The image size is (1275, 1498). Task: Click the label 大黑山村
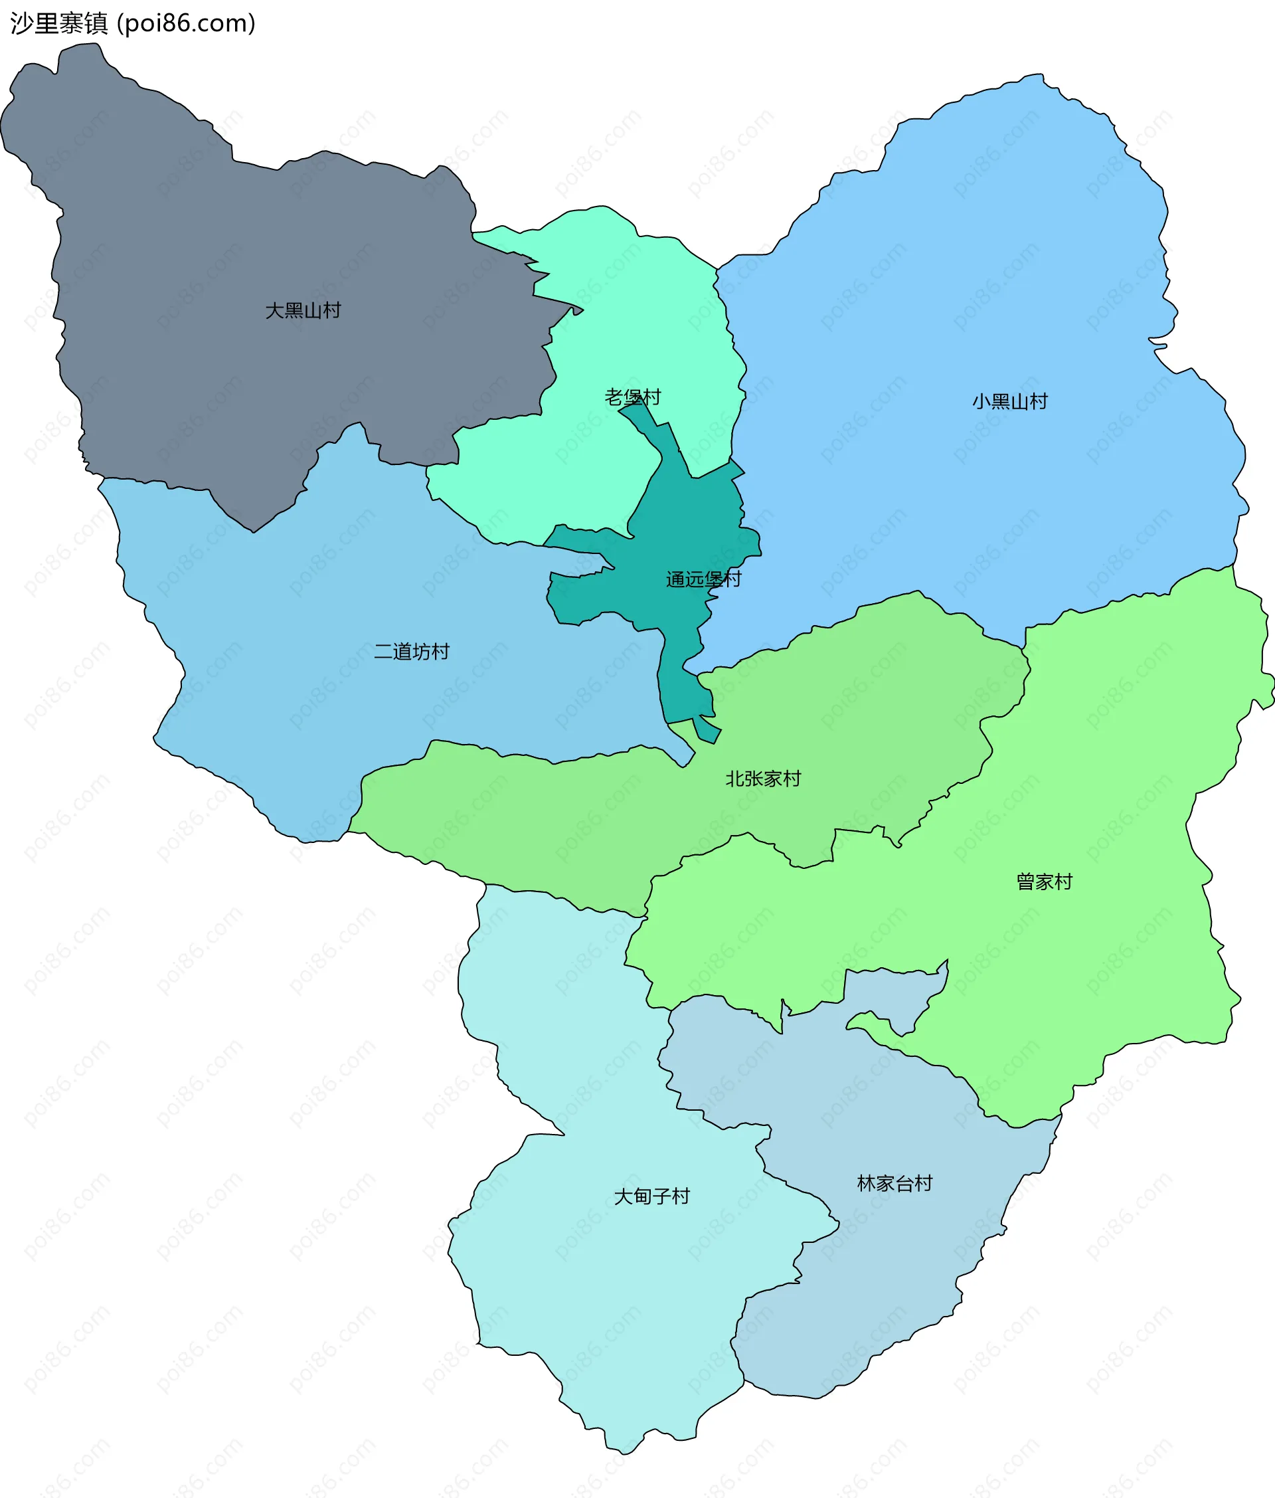tap(303, 311)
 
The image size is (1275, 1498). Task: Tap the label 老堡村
tap(632, 397)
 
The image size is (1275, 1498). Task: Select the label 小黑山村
tap(1010, 401)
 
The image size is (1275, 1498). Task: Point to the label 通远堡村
tap(703, 579)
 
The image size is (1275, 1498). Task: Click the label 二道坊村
tap(411, 652)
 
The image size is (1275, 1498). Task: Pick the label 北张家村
tap(763, 779)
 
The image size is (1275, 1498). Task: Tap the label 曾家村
tap(1045, 882)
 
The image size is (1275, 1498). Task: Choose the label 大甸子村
tap(651, 1196)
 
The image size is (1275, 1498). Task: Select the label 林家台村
tap(894, 1184)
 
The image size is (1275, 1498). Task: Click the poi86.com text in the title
tap(187, 24)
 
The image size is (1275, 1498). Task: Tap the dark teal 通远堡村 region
tap(679, 521)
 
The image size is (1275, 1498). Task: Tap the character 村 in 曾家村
tap(1063, 882)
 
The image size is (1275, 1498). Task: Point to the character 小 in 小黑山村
tap(981, 401)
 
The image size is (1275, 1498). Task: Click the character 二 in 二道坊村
tap(383, 652)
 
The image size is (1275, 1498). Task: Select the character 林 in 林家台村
tap(867, 1184)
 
